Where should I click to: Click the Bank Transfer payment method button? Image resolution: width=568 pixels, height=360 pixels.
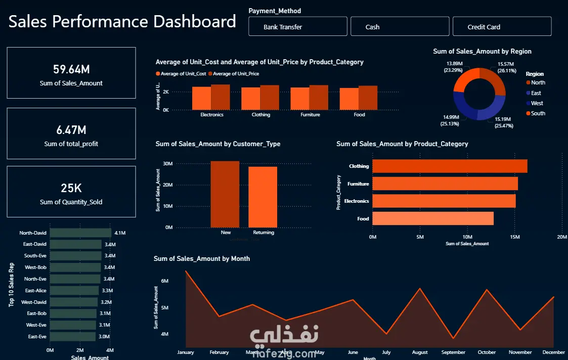tap(297, 27)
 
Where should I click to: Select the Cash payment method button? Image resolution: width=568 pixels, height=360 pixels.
tap(400, 27)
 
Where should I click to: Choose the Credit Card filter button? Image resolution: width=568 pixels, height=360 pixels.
tap(502, 27)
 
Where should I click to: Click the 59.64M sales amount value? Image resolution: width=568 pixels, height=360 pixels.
tap(71, 70)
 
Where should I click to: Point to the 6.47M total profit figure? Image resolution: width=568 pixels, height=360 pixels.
tap(71, 130)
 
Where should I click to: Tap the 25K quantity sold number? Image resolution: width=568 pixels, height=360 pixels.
tap(71, 189)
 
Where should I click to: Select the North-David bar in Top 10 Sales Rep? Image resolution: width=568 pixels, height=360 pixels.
tap(80, 233)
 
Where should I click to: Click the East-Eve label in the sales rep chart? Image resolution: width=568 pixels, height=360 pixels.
tap(36, 337)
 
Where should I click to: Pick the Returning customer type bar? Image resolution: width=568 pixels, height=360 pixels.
tap(263, 197)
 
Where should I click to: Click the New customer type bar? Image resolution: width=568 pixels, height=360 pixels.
tap(225, 194)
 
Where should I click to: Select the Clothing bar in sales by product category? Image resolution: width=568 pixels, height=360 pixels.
tap(450, 166)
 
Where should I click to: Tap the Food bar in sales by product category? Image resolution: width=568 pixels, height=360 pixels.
tap(433, 218)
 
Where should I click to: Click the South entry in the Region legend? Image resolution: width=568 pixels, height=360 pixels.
tap(538, 113)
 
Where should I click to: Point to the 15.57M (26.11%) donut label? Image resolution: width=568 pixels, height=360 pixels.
tap(505, 67)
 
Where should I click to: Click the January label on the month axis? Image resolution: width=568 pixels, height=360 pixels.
tap(186, 352)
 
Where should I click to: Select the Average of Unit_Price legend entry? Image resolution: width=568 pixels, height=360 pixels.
tap(236, 74)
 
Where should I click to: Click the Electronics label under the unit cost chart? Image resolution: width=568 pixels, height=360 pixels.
tap(211, 115)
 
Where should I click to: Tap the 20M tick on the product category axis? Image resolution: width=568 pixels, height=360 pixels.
tap(561, 237)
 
